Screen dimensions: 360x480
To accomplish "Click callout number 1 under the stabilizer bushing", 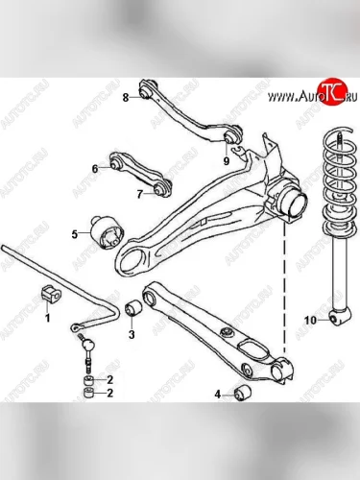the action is click(x=48, y=318).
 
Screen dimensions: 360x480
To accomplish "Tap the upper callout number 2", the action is click(x=109, y=380).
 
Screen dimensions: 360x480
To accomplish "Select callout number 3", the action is click(x=132, y=335).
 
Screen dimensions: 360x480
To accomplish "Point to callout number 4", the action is click(x=218, y=395).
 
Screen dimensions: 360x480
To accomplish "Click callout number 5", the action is click(x=75, y=234).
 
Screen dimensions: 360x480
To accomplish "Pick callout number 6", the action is click(x=95, y=169).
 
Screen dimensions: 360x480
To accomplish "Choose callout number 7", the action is click(x=139, y=194).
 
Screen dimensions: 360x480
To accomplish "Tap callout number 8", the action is click(x=126, y=97).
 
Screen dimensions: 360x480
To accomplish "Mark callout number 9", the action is click(x=227, y=160).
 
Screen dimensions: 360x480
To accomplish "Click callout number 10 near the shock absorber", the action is click(x=310, y=320).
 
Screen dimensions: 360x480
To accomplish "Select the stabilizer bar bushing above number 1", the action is click(x=51, y=293).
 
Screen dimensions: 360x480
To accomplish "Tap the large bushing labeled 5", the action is click(x=106, y=232).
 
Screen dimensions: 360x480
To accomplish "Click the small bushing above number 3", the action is click(x=133, y=308).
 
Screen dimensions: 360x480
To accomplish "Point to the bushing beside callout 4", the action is click(x=243, y=393).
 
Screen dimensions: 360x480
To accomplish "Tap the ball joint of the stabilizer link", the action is click(x=89, y=345).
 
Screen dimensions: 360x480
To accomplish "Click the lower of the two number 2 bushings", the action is click(x=89, y=393).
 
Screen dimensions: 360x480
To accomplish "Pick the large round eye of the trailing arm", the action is click(x=133, y=260).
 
